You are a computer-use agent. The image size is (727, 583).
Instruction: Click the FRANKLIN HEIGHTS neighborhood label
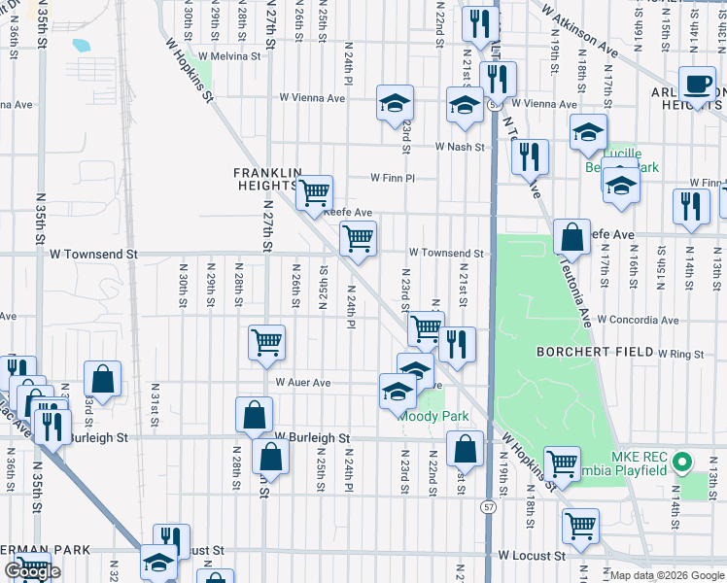pos(263,178)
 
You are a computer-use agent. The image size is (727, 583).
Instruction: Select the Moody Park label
pos(435,416)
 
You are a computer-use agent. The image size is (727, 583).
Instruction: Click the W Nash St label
pos(461,147)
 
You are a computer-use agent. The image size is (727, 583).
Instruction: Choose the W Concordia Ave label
pos(638,320)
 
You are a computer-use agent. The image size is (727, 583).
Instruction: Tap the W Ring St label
pos(679,355)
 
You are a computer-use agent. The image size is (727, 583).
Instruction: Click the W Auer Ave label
pos(302,383)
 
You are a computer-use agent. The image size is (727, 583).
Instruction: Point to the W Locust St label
pos(531,557)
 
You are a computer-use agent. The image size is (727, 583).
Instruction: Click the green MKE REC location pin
pos(682,462)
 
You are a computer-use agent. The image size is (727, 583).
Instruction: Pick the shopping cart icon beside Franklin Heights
pos(314,192)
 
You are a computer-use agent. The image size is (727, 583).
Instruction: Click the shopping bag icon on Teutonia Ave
pos(572,236)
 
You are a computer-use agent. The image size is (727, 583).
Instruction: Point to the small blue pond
pos(81,45)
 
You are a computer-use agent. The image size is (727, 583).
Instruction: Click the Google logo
pos(34,571)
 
